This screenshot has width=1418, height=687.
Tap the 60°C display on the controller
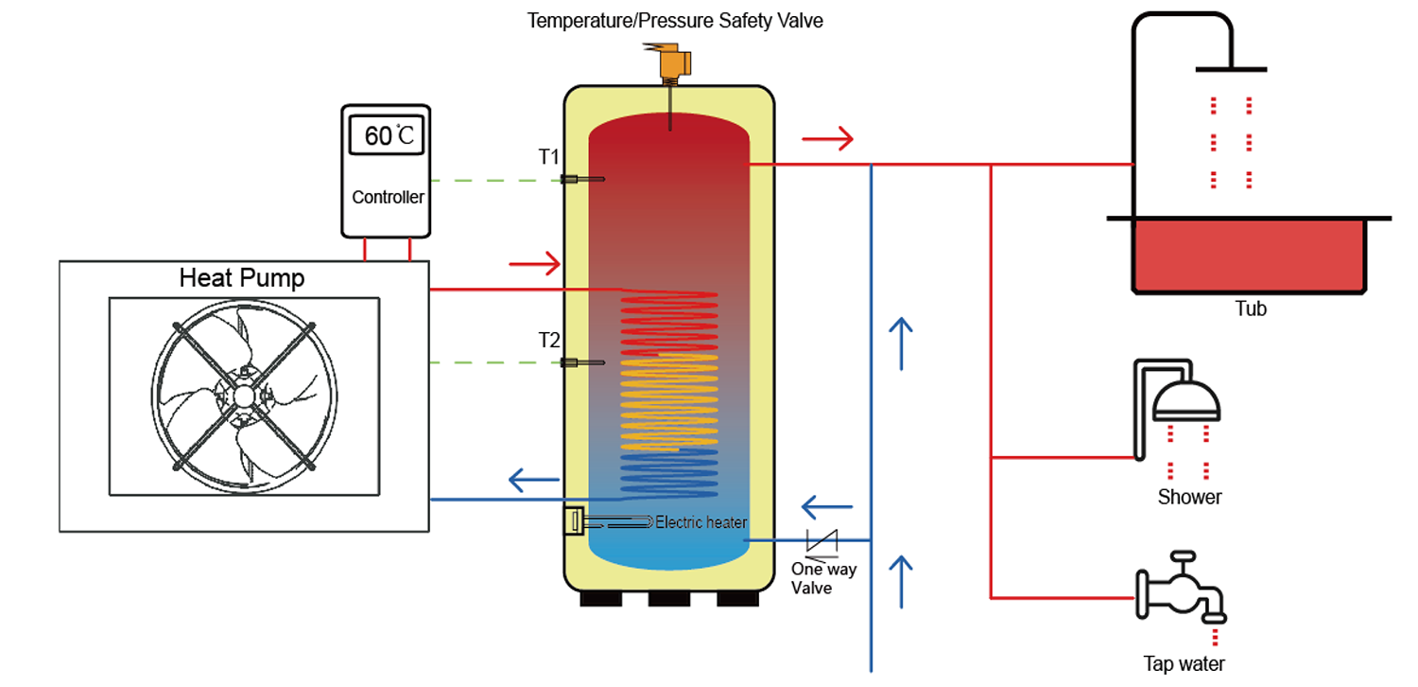(389, 135)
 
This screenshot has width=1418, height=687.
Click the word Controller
(388, 198)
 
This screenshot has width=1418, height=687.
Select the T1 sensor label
(549, 157)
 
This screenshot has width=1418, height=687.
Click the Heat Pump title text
(242, 278)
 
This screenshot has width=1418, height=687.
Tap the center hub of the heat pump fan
(244, 395)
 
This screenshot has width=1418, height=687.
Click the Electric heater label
(700, 522)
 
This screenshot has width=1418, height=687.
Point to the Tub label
(1250, 309)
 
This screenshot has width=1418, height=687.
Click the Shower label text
(1189, 497)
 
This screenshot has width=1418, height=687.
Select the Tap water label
(1184, 664)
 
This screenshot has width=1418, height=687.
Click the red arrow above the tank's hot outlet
(827, 139)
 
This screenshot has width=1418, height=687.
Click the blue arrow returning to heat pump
(534, 480)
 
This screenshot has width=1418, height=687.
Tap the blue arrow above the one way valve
(827, 506)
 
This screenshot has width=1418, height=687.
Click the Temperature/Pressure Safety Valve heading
(675, 20)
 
